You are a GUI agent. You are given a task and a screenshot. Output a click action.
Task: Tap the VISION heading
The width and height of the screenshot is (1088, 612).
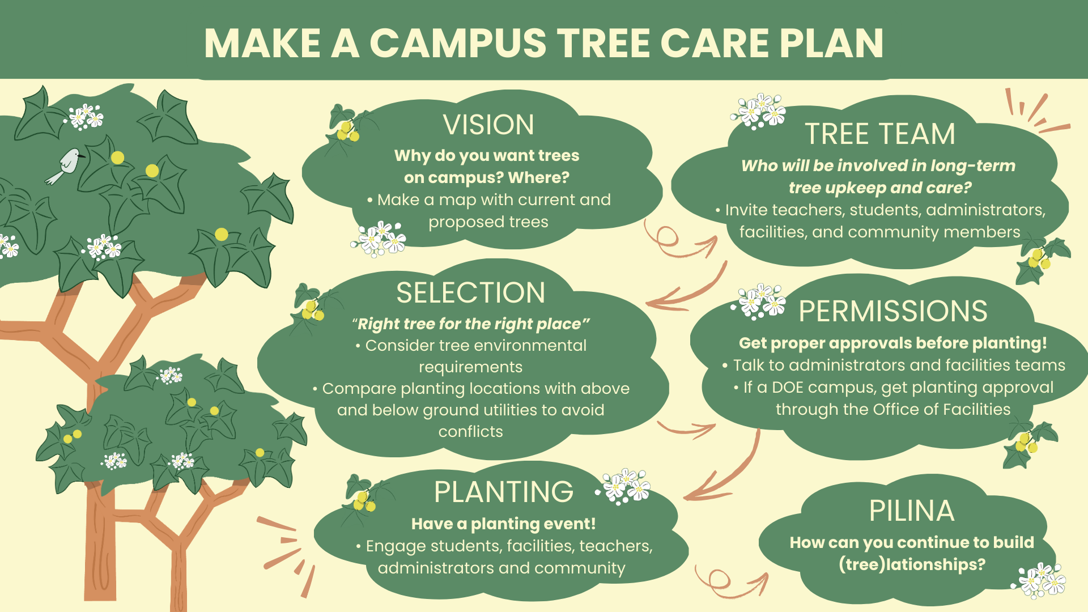488,125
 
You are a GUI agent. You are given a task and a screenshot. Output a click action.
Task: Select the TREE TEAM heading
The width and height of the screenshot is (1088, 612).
880,134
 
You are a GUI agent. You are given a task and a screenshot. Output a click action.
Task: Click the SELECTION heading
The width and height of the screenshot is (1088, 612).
470,293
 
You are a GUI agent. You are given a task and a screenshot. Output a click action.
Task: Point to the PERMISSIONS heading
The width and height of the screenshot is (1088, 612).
893,311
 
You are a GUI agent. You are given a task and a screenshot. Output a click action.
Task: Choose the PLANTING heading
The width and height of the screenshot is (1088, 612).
504,492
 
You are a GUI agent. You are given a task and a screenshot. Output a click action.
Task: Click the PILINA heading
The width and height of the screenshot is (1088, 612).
912,511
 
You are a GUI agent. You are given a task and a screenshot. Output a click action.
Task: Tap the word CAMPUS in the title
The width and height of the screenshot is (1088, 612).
458,43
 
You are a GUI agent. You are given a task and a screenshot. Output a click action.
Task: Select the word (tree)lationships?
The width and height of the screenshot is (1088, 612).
912,564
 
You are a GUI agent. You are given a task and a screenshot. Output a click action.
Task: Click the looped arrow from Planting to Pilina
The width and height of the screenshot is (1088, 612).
728,584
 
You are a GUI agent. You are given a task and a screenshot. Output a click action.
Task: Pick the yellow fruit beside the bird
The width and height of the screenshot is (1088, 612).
117,158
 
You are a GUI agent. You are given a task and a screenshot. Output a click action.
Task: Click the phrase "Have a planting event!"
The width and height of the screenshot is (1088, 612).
503,524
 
